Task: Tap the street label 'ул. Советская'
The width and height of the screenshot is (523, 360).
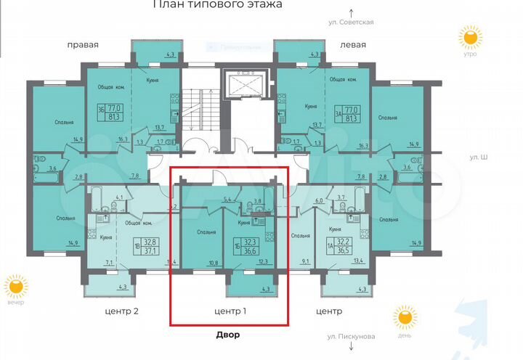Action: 352,22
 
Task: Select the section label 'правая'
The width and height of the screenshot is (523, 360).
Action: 83,45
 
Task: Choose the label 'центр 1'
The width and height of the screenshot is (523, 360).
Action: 229,312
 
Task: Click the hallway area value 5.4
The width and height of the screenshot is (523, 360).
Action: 227,198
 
